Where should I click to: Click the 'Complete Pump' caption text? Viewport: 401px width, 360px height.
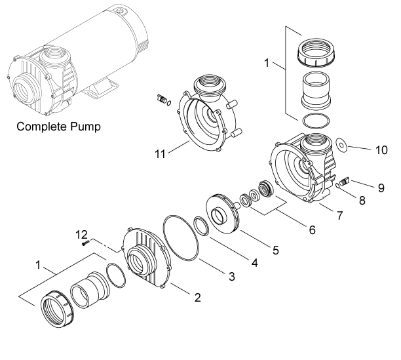click(58, 127)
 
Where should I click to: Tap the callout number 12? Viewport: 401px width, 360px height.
click(81, 235)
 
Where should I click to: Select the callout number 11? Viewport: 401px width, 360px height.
click(160, 154)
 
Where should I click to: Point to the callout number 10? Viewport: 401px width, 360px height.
click(381, 150)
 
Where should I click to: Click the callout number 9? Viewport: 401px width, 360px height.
click(381, 188)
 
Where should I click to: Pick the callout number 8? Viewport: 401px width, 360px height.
click(362, 201)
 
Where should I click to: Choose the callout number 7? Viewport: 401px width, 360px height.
click(339, 216)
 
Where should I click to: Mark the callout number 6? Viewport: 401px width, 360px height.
click(313, 230)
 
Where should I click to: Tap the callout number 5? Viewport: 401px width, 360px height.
click(275, 250)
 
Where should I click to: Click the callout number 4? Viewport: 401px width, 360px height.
click(254, 263)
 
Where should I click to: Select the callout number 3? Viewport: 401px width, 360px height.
click(232, 277)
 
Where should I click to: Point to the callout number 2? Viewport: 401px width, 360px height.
click(197, 298)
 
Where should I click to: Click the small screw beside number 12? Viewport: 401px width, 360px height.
click(85, 243)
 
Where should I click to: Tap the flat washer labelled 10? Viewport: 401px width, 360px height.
click(341, 145)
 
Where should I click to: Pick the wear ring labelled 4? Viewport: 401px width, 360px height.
click(202, 226)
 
